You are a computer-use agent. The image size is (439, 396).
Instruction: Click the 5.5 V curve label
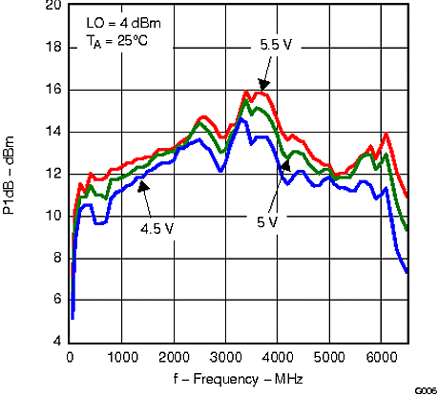pyautogui.click(x=277, y=44)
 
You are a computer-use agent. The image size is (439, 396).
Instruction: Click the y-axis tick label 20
pyautogui.click(x=53, y=6)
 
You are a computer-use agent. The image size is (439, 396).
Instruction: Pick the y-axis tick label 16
pyautogui.click(x=53, y=90)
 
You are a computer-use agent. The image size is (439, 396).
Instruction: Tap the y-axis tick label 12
pyautogui.click(x=53, y=174)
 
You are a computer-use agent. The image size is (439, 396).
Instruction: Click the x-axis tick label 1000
pyautogui.click(x=122, y=358)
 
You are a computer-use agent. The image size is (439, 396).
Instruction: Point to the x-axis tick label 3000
pyautogui.click(x=225, y=358)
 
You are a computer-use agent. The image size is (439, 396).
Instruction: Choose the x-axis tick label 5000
pyautogui.click(x=329, y=358)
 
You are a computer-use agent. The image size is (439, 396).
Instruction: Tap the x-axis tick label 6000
pyautogui.click(x=381, y=358)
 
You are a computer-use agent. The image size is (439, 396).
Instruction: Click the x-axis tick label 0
pyautogui.click(x=70, y=358)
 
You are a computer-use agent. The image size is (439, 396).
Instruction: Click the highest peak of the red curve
pyautogui.click(x=246, y=92)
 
